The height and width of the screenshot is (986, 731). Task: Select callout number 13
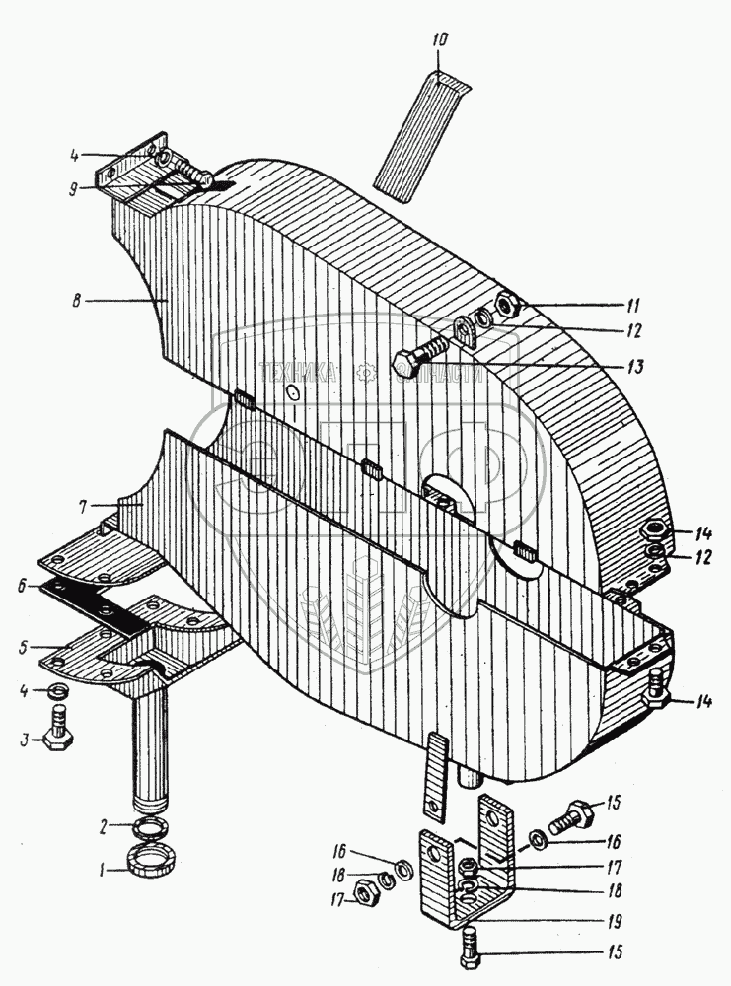pyautogui.click(x=632, y=368)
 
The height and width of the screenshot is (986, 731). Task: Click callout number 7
pyautogui.click(x=86, y=505)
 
